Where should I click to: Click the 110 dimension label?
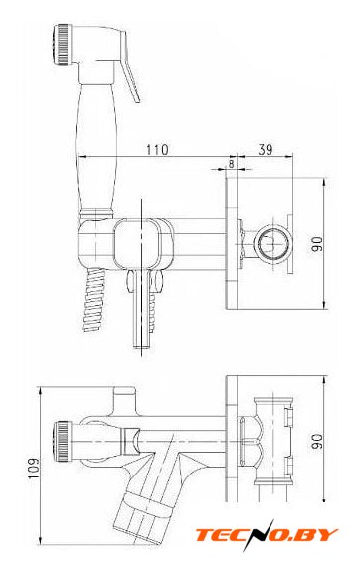point(157,150)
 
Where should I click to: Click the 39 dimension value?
point(266,149)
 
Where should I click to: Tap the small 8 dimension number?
point(232,163)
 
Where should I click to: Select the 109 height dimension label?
point(34,468)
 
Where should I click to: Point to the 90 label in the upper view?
point(317,244)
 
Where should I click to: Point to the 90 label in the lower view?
point(317,441)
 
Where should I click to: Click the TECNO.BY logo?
point(267,535)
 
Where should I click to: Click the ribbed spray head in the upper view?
point(62,45)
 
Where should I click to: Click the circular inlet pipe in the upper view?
point(272,243)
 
